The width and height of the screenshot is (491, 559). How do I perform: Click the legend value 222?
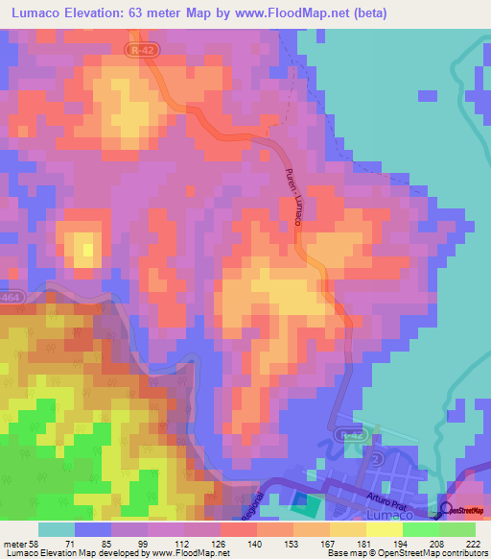coord(471,544)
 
